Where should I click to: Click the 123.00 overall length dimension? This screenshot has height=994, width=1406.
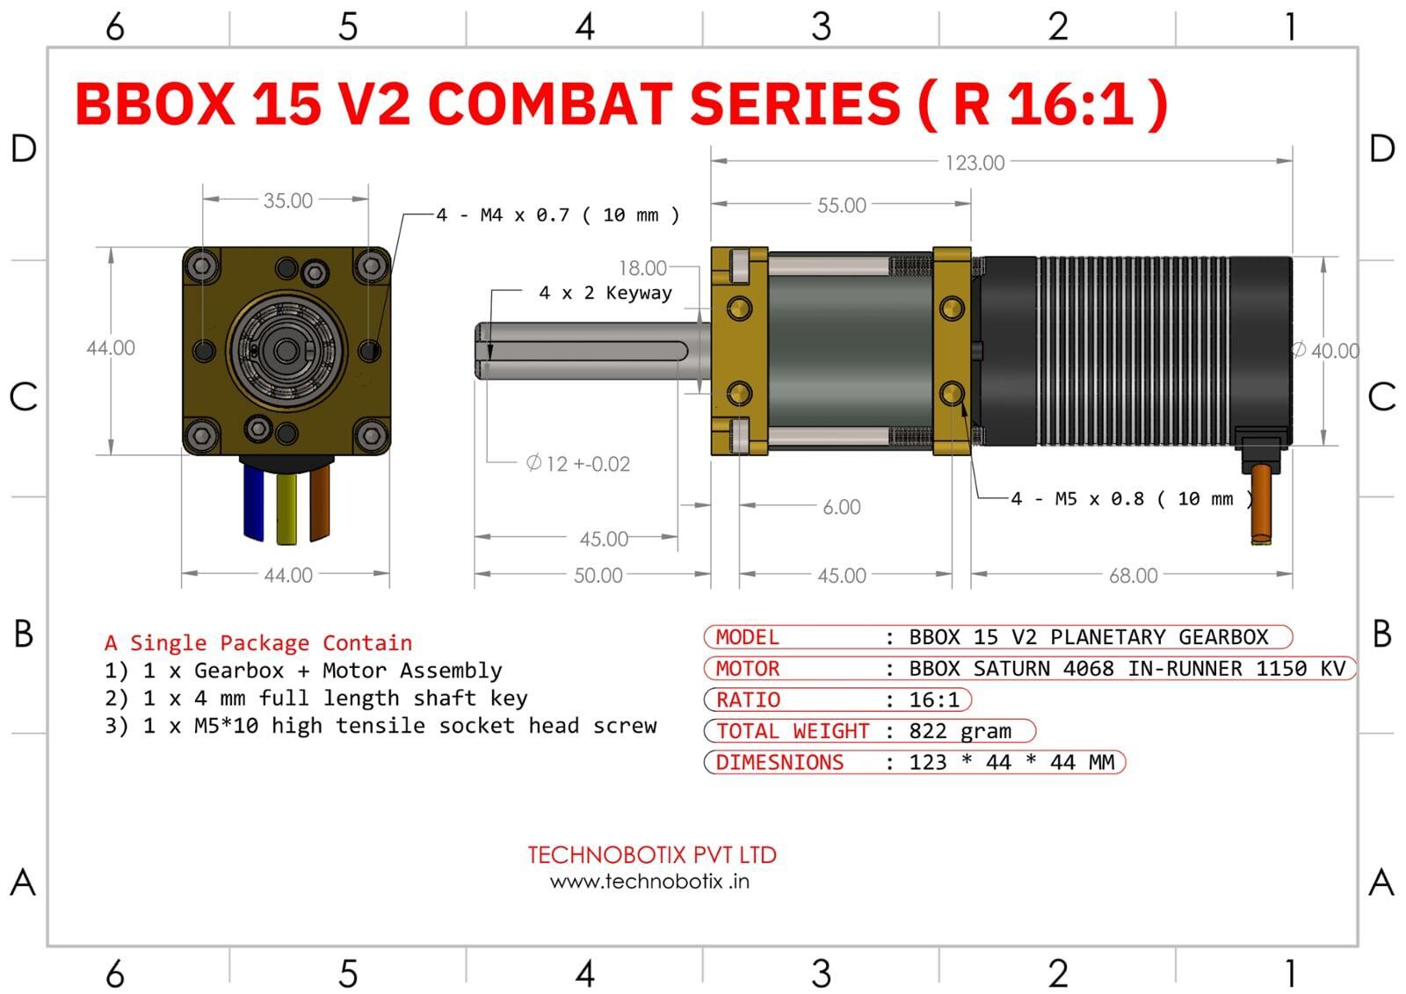coord(975,163)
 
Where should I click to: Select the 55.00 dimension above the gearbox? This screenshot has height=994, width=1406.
coord(841,205)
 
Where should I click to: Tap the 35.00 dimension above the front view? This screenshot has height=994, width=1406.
coord(287,200)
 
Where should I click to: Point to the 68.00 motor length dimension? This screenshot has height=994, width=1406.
coord(1133,576)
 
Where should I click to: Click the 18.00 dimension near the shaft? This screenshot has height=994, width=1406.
coord(642,267)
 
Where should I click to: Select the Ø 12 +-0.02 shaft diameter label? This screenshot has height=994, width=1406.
coord(577,463)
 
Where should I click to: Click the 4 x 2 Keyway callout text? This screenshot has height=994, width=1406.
coord(605,293)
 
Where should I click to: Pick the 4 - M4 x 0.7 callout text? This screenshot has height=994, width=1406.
coord(557,215)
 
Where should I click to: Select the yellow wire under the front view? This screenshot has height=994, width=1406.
coord(286,508)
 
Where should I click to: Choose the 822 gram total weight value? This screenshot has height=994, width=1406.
coord(960,731)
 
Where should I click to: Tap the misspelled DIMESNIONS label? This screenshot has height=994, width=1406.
coord(779,763)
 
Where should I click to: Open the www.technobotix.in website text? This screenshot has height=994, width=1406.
coord(649,882)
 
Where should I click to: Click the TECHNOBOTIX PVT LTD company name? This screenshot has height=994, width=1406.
coord(651,854)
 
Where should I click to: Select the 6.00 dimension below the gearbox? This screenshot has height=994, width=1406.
coord(841,507)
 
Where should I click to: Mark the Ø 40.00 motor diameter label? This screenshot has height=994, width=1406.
coord(1326,351)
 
